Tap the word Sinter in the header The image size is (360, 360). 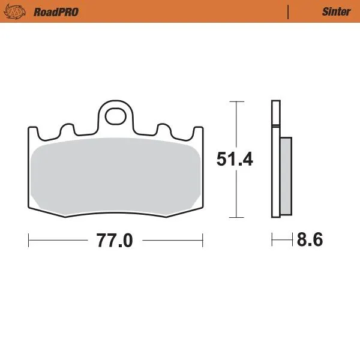(x=336, y=11)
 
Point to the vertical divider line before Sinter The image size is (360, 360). (x=289, y=11)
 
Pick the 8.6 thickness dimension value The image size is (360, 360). (x=310, y=240)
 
